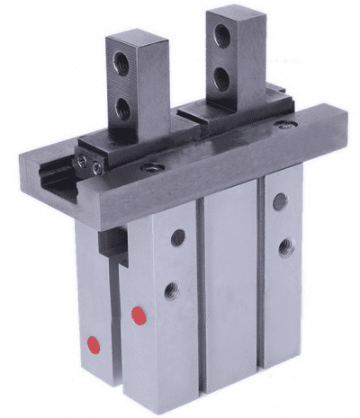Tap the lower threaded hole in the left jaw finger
click(121, 110)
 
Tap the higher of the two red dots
click(138, 315)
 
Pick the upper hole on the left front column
click(177, 237)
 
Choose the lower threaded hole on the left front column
click(171, 290)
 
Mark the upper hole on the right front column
click(280, 201)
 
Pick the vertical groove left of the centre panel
click(202, 297)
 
